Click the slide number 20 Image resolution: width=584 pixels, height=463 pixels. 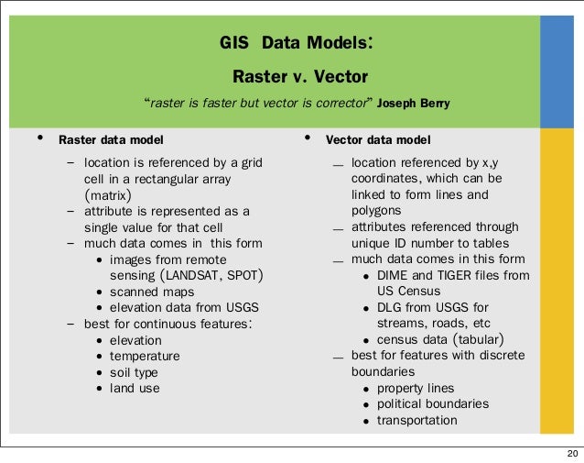tap(572, 453)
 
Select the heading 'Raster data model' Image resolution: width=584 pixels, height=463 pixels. tap(112, 140)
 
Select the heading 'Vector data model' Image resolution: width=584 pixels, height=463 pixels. tap(378, 140)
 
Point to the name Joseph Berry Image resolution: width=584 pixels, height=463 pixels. tap(414, 102)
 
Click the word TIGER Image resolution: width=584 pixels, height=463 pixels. tap(458, 274)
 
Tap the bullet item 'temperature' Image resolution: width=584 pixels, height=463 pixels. tap(145, 356)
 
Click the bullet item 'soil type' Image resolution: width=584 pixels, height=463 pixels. tap(134, 372)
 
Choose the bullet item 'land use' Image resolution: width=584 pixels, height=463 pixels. tap(135, 388)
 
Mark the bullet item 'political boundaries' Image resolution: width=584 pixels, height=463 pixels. tap(433, 403)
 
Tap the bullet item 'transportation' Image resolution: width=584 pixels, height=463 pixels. tap(416, 420)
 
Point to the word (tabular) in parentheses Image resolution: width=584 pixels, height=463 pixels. tap(470, 339)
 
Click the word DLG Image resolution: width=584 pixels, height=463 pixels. tap(391, 307)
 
